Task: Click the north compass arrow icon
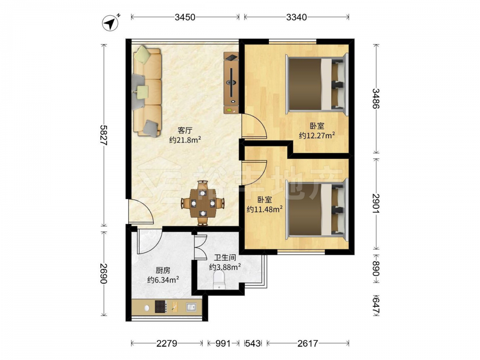tap(111, 23)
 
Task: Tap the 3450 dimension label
tap(185, 17)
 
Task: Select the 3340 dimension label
tap(296, 17)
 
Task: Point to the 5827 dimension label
tap(104, 135)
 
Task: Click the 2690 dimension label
tap(104, 274)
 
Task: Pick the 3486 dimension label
tap(376, 98)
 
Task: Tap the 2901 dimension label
tap(376, 203)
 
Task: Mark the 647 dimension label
tap(376, 305)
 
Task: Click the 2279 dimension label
tap(167, 344)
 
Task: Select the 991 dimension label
tap(223, 344)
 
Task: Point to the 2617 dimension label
tap(308, 344)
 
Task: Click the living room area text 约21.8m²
tap(185, 140)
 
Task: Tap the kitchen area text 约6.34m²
tap(163, 279)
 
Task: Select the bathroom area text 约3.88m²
tap(225, 267)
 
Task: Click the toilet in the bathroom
tap(219, 280)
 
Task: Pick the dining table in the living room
tap(203, 203)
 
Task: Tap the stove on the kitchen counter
tap(161, 306)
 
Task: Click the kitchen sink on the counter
tap(192, 307)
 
